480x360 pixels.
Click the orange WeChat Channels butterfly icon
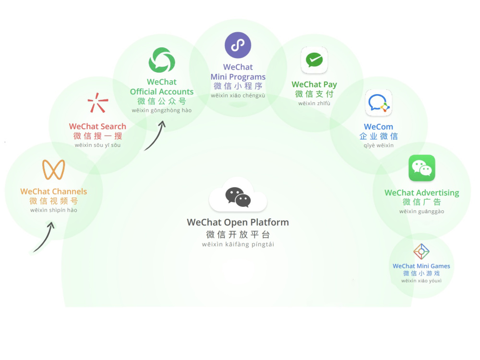(54, 169)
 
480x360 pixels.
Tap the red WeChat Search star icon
(97, 103)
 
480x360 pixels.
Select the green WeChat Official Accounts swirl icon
(162, 60)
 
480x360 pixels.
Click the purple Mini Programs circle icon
(238, 45)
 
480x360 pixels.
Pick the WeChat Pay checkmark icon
(314, 60)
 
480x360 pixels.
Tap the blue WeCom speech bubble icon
(378, 103)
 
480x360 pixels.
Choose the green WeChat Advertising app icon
(421, 168)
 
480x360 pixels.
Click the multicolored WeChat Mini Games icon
(421, 252)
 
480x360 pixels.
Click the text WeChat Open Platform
(238, 222)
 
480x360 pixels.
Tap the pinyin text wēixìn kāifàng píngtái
(238, 244)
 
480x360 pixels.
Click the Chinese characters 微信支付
(314, 94)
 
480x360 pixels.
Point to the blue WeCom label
(378, 127)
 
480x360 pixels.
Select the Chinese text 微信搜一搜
(97, 136)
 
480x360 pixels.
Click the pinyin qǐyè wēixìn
(378, 145)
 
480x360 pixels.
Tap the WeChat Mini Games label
(421, 266)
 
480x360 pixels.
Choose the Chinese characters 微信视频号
(54, 201)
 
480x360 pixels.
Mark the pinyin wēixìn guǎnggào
(421, 212)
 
